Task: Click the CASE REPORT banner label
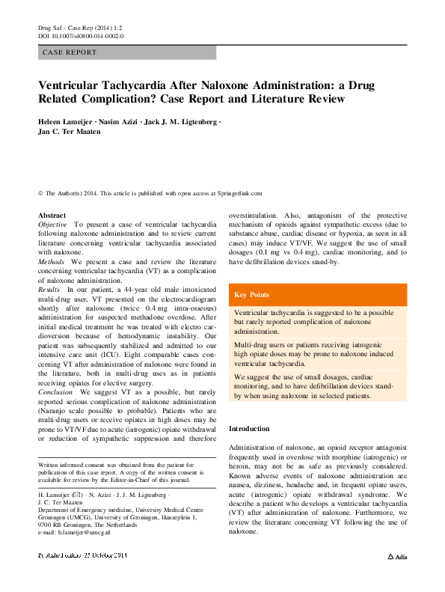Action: pos(70,53)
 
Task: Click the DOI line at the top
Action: pos(81,36)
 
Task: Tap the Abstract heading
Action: pos(52,216)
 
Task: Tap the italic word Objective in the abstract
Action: pos(52,225)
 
